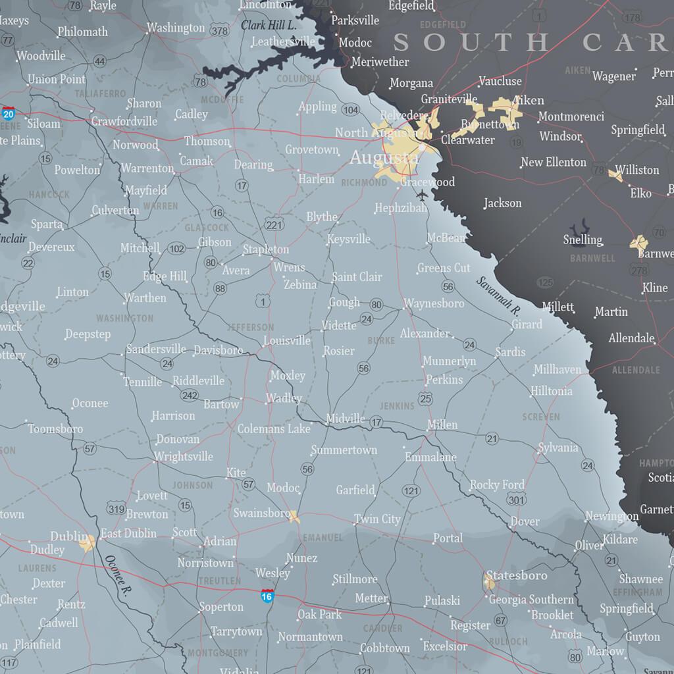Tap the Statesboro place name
(x=516, y=575)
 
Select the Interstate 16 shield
(x=267, y=596)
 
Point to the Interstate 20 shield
(x=9, y=113)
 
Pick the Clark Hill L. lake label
(x=269, y=25)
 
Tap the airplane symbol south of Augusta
(x=421, y=195)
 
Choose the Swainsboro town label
(x=261, y=513)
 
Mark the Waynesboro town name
(x=434, y=303)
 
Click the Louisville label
(x=286, y=341)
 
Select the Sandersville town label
(x=156, y=349)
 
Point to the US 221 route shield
(x=274, y=224)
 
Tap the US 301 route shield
(x=517, y=500)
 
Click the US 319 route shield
(x=117, y=507)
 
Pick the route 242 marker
(x=190, y=395)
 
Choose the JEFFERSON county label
(x=251, y=327)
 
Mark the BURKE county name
(x=381, y=340)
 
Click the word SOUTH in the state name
(x=470, y=42)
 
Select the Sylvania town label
(x=557, y=448)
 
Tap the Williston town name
(x=636, y=170)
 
